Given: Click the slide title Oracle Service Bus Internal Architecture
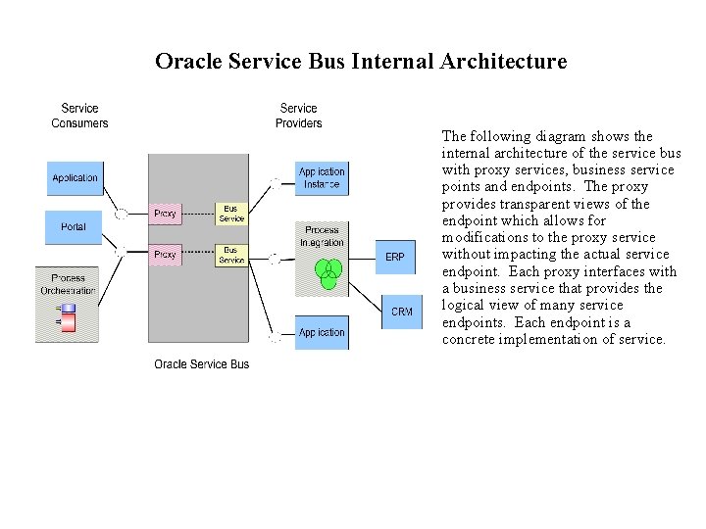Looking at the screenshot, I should pos(361,62).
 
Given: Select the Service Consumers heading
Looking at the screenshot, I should pos(79,116).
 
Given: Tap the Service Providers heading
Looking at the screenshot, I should pos(298,116).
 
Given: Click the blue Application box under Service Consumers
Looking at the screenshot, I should pos(75,178).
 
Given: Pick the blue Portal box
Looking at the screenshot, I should pos(74,227).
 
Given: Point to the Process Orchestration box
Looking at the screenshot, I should pos(68,284).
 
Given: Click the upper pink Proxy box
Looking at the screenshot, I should pos(165,214).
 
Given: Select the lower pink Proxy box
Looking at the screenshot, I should pos(165,255).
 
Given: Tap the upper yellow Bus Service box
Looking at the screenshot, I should pos(231,214).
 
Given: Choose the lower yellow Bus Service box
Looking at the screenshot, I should pos(231,255).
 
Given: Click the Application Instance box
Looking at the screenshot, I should pos(322,178).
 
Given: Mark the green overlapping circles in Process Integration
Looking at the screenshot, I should pos(328,272).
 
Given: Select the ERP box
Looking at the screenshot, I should pos(394,257).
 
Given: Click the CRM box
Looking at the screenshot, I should pos(401,312).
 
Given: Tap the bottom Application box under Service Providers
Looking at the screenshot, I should pos(322,333).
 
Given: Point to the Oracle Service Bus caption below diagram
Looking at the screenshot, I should pos(201,364).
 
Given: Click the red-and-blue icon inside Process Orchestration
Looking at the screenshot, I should pos(68,315).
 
